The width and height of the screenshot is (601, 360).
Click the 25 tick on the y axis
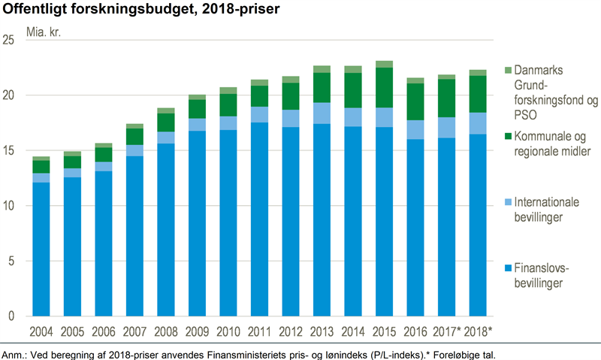click(x=10, y=40)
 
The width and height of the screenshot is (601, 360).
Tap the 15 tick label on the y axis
click(x=10, y=150)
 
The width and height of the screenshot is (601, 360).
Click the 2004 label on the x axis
click(x=41, y=331)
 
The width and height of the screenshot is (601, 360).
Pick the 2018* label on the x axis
click(x=478, y=331)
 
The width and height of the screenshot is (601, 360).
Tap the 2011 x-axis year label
click(x=259, y=331)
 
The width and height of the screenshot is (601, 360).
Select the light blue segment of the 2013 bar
click(x=322, y=113)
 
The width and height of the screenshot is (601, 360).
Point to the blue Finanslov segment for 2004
click(x=41, y=249)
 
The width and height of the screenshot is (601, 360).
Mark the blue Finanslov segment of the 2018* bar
click(x=478, y=225)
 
